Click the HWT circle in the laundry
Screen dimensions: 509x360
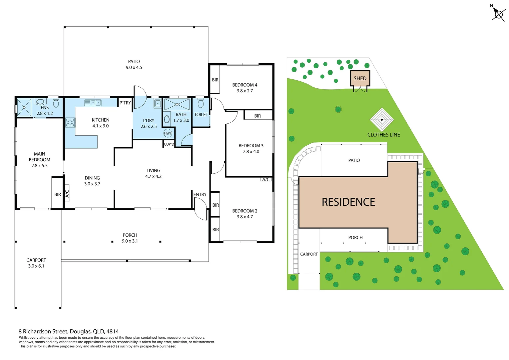point(168,133)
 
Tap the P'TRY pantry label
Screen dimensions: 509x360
point(125,103)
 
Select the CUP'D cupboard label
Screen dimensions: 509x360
point(169,144)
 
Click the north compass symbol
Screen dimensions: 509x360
point(498,14)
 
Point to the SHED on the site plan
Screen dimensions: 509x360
point(360,79)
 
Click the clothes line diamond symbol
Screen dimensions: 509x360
point(382,120)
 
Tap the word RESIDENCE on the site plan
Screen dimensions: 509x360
point(348,202)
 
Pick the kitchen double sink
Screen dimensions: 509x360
point(93,103)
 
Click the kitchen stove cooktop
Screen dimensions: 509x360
point(70,122)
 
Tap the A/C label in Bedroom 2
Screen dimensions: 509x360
point(266,179)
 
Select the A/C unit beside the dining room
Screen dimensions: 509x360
point(67,193)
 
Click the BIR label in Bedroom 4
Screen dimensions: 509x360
point(215,80)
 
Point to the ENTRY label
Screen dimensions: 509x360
point(200,194)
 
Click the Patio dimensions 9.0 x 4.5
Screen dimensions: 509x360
point(134,67)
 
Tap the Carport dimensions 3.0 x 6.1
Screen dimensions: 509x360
point(36,266)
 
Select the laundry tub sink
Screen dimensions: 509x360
point(158,103)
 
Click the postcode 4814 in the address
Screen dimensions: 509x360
point(113,331)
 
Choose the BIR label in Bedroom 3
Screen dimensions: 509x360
point(257,116)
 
